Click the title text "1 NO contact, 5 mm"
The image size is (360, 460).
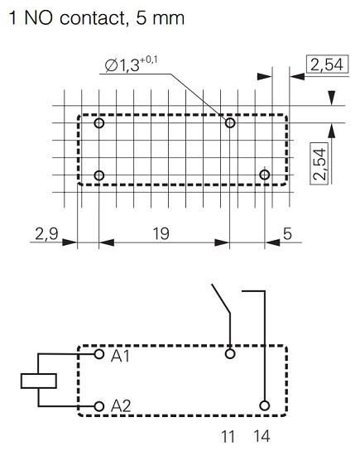94,17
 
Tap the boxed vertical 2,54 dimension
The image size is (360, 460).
324,162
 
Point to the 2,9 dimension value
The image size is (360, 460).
46,234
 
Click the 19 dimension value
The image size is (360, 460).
161,234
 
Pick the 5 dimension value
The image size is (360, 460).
287,234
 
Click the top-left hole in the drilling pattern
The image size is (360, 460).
99,123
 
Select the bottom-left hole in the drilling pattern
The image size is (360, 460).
99,175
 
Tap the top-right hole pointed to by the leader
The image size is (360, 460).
231,123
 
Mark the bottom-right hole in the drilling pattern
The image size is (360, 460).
265,175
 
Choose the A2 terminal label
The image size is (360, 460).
121,406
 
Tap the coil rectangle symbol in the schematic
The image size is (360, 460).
38,381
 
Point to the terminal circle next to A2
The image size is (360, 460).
99,405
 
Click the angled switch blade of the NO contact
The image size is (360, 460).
222,304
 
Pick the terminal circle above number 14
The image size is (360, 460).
265,405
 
